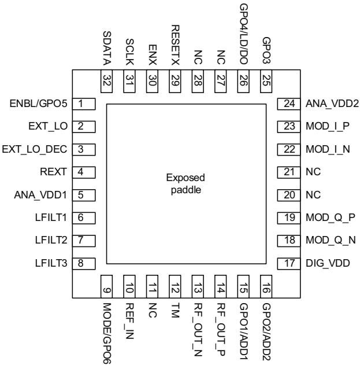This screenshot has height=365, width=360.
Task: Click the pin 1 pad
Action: coord(84,104)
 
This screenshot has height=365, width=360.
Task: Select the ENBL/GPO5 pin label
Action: coord(38,104)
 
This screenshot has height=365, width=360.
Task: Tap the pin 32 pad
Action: coord(106,81)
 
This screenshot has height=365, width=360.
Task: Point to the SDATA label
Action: coord(107,48)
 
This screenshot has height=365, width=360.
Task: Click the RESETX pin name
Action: coord(175,45)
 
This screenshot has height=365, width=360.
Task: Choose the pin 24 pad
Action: coord(289,104)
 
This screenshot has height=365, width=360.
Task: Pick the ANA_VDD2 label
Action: coord(332,104)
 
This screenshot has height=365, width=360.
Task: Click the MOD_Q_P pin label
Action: coord(330,217)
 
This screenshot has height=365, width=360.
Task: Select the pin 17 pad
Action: coord(289,264)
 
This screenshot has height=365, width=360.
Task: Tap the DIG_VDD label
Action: coord(328,263)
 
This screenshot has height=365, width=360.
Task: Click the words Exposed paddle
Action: coord(185,184)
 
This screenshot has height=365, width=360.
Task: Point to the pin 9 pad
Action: coord(106,286)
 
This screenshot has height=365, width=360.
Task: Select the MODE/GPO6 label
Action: coord(107,333)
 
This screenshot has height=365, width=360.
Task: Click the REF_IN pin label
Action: coord(129,321)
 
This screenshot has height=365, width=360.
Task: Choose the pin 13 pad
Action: coord(198,286)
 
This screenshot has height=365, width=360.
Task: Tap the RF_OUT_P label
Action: coord(221,330)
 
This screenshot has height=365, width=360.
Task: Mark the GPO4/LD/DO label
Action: coord(243,35)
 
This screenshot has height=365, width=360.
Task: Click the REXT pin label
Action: coord(53,172)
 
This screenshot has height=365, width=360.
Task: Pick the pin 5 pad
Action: coord(84,195)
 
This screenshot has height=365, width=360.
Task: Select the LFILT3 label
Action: coord(51,263)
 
